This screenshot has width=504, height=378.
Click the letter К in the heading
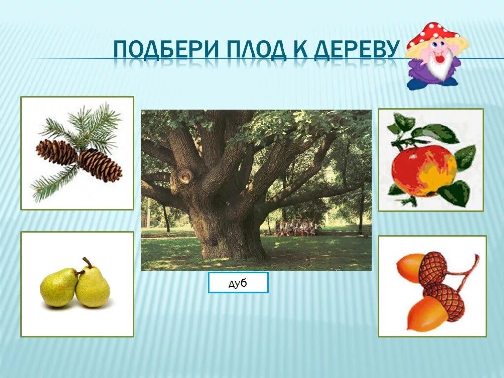[x=294, y=50]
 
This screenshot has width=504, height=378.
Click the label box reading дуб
[x=238, y=283]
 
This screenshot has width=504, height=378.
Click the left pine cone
[x=56, y=152]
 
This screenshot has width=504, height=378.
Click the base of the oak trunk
[x=231, y=249]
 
